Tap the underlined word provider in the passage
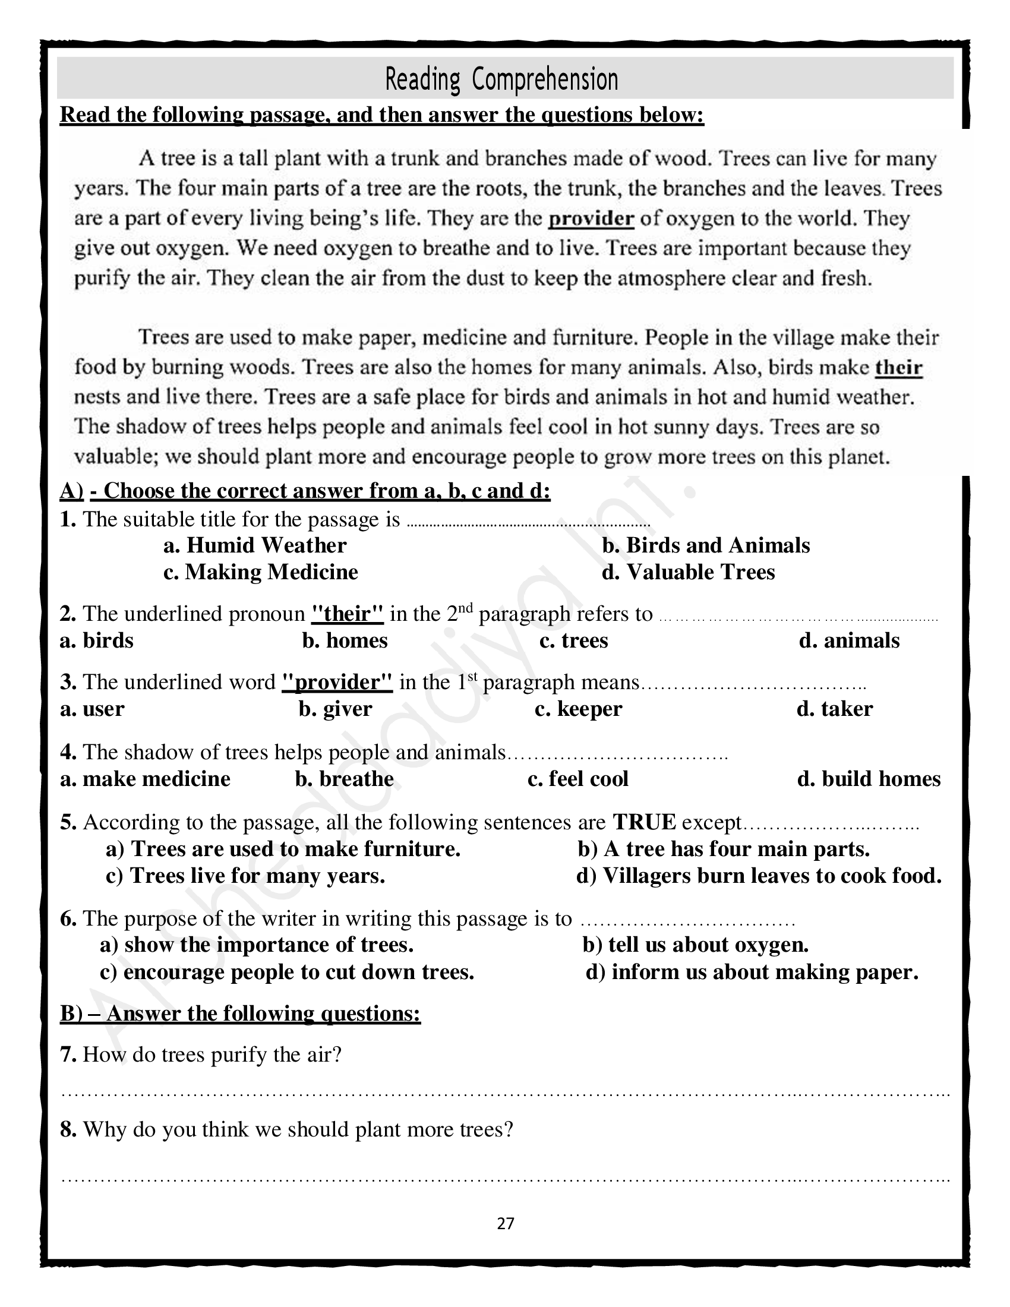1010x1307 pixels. (591, 219)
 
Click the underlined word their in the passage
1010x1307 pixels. (898, 367)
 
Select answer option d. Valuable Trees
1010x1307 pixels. (688, 572)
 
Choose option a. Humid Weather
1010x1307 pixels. (255, 545)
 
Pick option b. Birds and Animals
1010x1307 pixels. (706, 545)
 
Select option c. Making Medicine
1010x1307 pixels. (261, 572)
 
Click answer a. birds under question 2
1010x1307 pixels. (96, 640)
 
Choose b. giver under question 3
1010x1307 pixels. (336, 709)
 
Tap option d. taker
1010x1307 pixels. (835, 709)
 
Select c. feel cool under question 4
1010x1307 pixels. (578, 779)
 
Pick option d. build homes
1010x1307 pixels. (869, 779)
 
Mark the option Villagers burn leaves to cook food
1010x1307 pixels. (759, 876)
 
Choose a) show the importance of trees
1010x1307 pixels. (257, 945)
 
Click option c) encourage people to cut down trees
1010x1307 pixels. (287, 972)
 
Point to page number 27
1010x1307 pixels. (506, 1223)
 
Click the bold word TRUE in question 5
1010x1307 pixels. (645, 822)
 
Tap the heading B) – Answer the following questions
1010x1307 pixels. (241, 1013)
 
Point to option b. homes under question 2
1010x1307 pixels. (345, 640)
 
